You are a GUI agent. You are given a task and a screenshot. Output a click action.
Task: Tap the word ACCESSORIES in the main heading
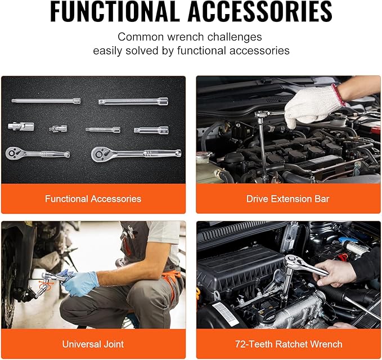click(260, 11)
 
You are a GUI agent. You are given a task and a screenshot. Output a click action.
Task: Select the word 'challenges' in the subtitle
click(235, 37)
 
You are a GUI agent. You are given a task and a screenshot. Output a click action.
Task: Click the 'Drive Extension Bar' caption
click(287, 199)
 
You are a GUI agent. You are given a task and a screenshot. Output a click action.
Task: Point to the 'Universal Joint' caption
click(93, 344)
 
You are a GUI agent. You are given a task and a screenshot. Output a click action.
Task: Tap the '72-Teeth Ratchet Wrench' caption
click(289, 344)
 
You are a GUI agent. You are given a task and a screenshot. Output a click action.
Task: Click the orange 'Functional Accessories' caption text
click(93, 199)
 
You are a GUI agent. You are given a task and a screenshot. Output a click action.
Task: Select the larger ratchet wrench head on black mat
click(100, 154)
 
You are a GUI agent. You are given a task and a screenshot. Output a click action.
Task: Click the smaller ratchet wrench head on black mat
click(13, 153)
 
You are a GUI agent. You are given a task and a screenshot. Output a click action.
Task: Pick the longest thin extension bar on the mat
click(46, 101)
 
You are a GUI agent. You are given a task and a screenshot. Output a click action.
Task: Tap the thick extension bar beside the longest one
click(133, 101)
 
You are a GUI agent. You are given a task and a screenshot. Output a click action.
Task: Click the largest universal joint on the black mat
click(21, 126)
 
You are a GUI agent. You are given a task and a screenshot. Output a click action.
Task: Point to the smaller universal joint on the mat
click(58, 128)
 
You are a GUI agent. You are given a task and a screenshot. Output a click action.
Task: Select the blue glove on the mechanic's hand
click(80, 283)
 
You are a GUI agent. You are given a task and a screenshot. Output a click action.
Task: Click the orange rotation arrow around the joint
click(46, 285)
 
